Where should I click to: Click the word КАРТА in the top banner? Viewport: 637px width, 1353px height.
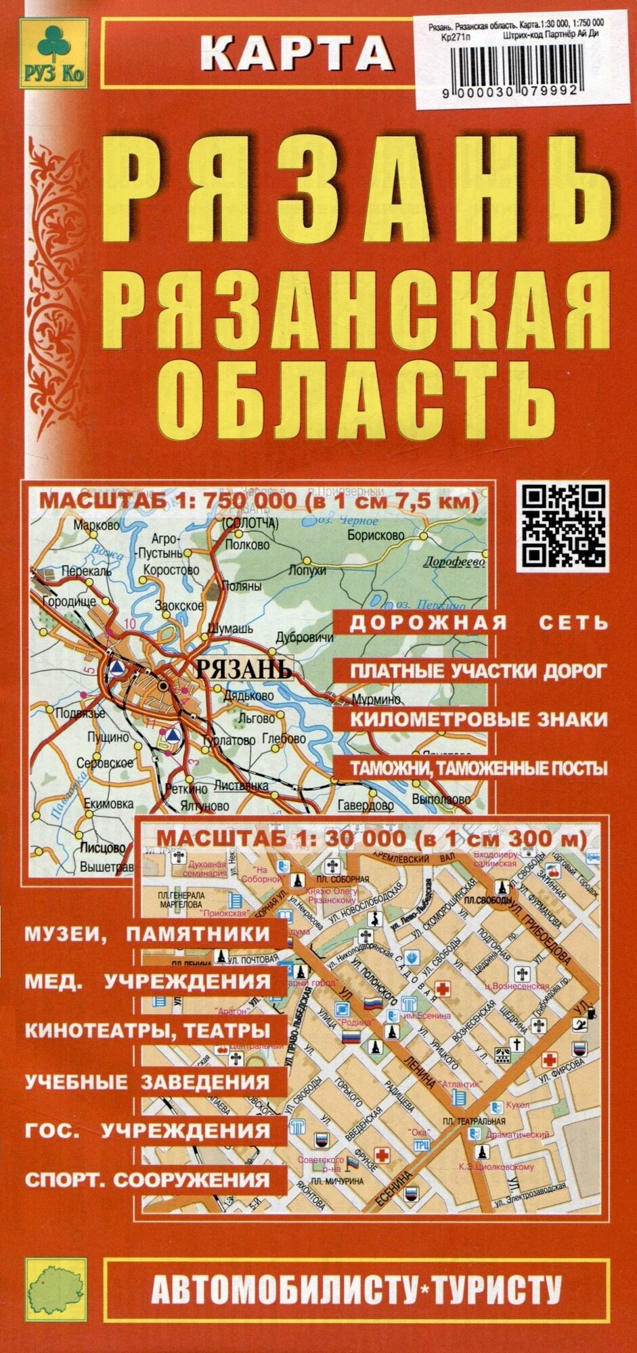pyautogui.click(x=298, y=53)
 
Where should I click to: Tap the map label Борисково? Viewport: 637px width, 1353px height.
pyautogui.click(x=376, y=535)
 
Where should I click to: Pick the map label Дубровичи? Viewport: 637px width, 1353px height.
pyautogui.click(x=305, y=638)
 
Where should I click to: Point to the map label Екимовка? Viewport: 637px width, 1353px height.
pyautogui.click(x=108, y=804)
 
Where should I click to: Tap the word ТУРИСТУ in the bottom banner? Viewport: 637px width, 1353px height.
pyautogui.click(x=497, y=1291)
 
